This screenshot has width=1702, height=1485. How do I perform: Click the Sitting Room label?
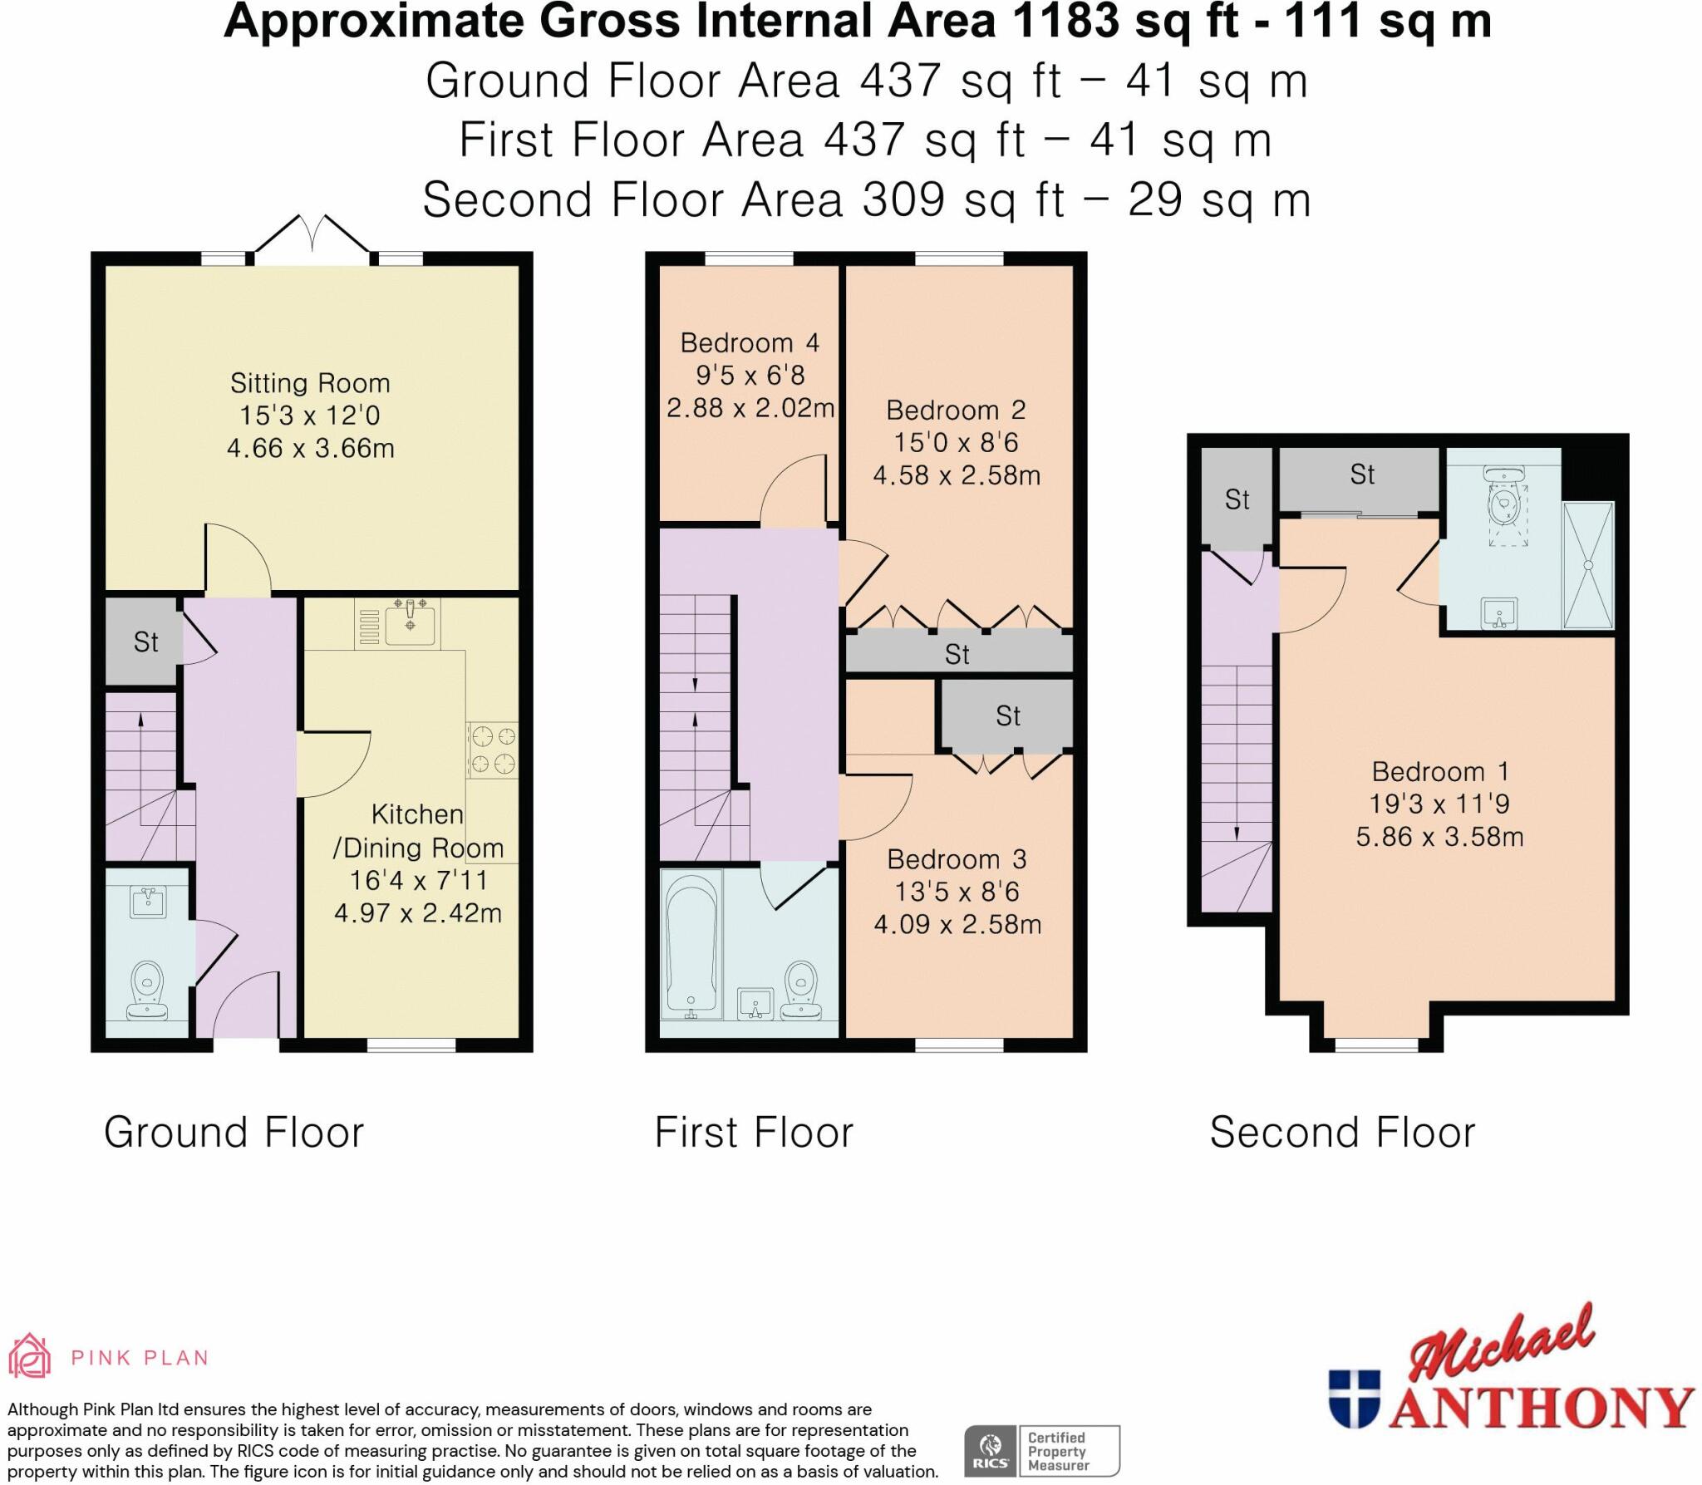(x=310, y=383)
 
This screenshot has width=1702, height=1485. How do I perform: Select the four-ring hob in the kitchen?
(x=494, y=750)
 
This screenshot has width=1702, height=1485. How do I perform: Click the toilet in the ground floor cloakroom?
(x=147, y=990)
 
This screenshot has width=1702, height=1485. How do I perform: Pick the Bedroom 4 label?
(x=750, y=342)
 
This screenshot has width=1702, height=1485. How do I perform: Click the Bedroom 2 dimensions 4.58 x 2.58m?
(x=957, y=475)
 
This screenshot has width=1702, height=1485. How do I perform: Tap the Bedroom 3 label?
(x=957, y=859)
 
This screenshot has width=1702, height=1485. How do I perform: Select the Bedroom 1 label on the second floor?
(x=1439, y=772)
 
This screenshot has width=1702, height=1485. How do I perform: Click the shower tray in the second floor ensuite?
(x=1588, y=565)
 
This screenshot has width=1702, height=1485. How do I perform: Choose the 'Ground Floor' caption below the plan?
(x=234, y=1133)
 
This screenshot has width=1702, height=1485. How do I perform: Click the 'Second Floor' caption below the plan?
(x=1342, y=1133)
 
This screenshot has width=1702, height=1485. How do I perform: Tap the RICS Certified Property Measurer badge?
(x=1042, y=1450)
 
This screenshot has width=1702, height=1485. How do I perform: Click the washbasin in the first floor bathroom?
(x=755, y=1003)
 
